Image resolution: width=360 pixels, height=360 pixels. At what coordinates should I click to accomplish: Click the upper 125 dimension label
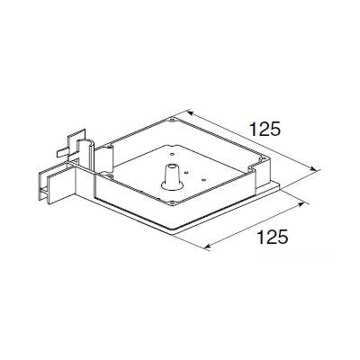click(266, 129)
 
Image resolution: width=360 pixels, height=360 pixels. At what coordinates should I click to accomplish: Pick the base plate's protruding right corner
click(281, 186)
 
